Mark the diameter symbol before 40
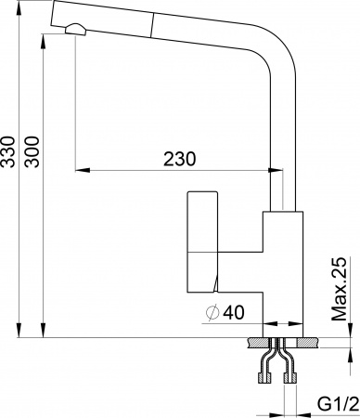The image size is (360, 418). coord(211,314)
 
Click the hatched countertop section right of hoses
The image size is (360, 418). coord(311,342)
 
